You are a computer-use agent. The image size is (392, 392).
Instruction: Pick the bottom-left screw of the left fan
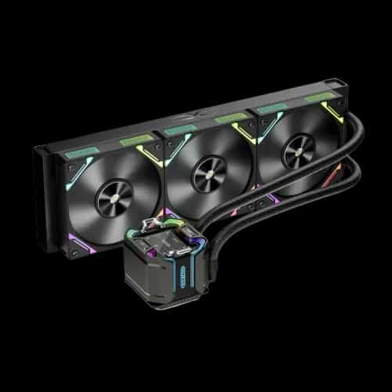(75, 253)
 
